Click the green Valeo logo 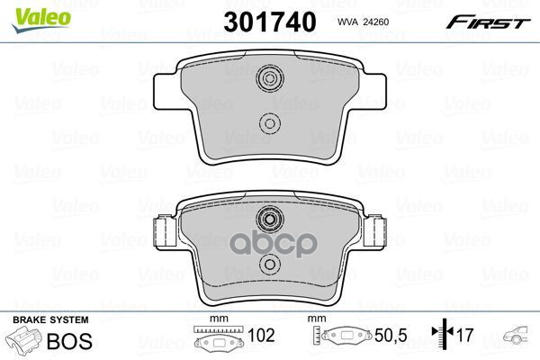(x=40, y=21)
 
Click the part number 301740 (x=270, y=22)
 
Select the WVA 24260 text (x=363, y=22)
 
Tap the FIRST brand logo (x=488, y=22)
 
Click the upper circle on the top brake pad (x=270, y=78)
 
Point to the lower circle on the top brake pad (x=270, y=123)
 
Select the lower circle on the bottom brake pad (x=270, y=265)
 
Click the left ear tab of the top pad (x=166, y=91)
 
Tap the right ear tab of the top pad (x=373, y=91)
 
